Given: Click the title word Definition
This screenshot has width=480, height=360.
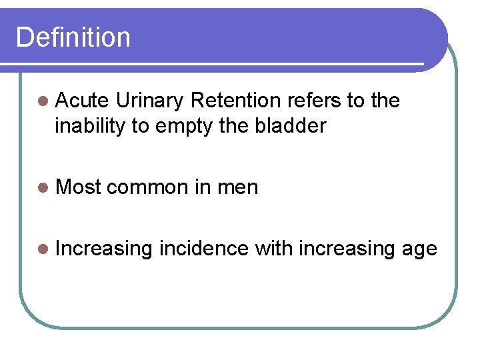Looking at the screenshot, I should [73, 37].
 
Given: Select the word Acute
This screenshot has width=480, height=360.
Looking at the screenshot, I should [82, 101].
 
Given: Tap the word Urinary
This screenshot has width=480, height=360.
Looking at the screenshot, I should [149, 101].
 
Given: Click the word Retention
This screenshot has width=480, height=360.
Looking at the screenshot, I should [235, 101].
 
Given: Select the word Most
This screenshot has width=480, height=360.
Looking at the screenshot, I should [78, 187].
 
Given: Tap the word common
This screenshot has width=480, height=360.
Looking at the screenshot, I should [147, 188].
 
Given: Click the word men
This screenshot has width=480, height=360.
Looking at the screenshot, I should [237, 188].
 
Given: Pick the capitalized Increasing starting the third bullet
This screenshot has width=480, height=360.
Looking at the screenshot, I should [105, 249].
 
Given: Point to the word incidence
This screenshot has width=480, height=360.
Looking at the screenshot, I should [205, 249].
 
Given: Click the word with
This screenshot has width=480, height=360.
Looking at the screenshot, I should [274, 249].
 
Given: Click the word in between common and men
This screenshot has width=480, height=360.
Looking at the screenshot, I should [202, 187].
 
